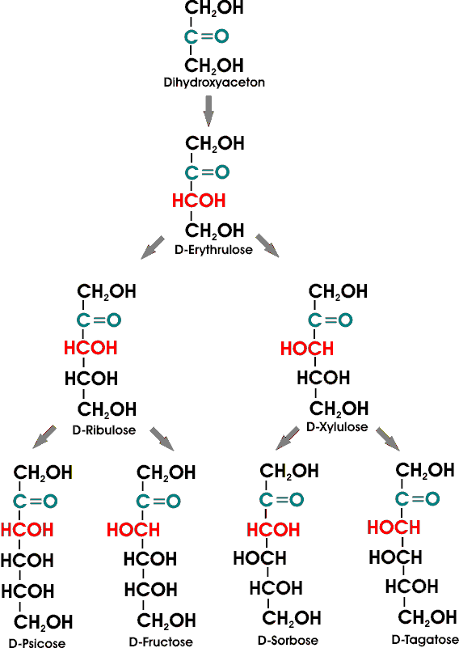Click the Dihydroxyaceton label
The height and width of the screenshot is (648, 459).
coord(214,83)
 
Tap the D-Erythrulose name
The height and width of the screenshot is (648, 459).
coord(214,250)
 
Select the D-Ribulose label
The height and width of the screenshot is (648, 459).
coord(104,430)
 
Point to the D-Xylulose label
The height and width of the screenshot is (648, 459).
coord(337,426)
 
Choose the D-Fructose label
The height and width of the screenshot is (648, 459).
coord(161,642)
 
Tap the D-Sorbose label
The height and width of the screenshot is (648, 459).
coord(288,641)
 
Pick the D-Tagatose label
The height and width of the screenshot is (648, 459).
coord(425,640)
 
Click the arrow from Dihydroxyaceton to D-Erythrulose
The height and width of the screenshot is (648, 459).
coord(208,111)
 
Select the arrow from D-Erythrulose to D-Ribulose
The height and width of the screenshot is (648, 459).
coord(153,248)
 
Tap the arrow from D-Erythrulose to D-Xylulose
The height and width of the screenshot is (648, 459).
coord(267,245)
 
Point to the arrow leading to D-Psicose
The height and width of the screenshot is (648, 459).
coord(44,436)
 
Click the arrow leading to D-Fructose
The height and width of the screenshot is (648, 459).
coord(162,438)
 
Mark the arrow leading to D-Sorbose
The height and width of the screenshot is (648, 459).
coord(288,438)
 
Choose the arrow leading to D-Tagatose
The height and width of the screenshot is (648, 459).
coord(388,439)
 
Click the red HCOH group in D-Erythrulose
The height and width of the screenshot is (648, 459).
coord(199,201)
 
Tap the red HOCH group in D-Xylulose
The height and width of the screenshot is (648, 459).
coord(307,349)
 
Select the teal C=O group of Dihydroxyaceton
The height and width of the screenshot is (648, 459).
coord(206,36)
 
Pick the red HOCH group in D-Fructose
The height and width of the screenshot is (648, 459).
coord(133,530)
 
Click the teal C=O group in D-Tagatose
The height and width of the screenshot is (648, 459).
coord(418,499)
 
